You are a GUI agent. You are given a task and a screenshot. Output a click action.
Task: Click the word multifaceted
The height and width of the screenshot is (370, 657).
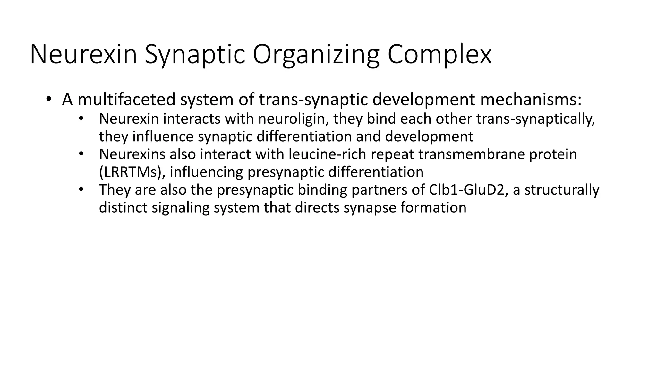click(126, 99)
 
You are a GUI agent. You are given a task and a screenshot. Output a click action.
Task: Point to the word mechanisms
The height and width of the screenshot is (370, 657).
click(531, 99)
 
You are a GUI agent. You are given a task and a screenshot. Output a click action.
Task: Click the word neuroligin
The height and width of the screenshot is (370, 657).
click(293, 119)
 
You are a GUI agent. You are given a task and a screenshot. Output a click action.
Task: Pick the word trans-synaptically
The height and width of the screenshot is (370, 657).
click(536, 119)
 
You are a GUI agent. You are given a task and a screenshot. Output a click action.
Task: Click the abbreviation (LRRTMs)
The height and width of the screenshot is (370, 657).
click(132, 172)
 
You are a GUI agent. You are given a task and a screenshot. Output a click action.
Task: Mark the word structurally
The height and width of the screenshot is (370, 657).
click(561, 190)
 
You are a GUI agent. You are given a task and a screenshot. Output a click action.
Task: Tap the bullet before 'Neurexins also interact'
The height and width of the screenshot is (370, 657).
click(81, 154)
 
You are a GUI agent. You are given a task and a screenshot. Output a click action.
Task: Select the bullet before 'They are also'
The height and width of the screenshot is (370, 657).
click(81, 189)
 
